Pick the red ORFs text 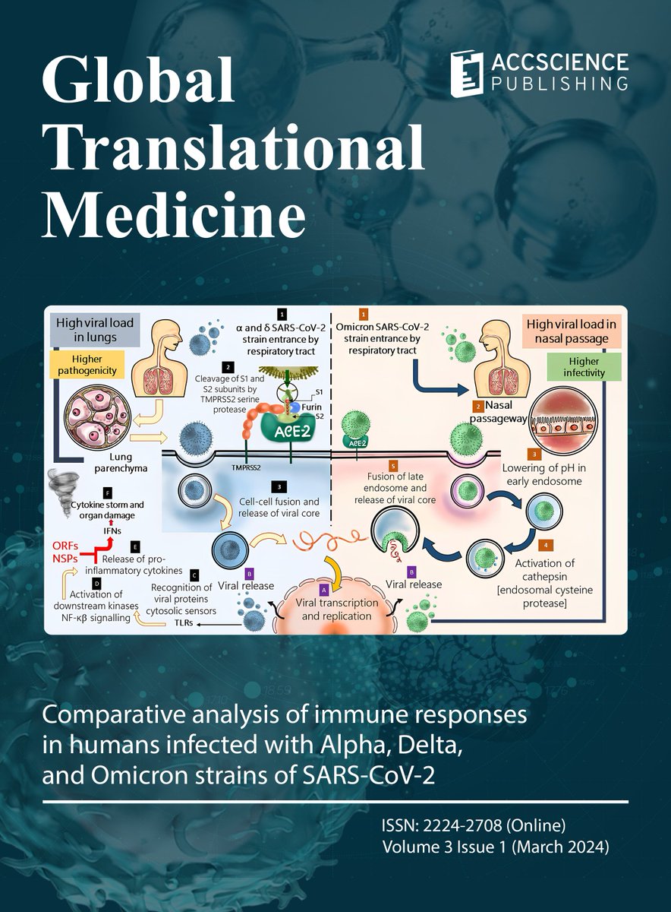(64, 545)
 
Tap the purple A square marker (325, 587)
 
